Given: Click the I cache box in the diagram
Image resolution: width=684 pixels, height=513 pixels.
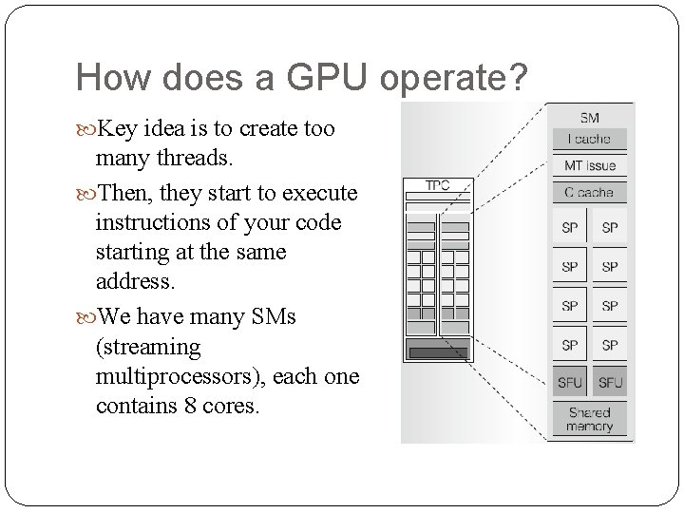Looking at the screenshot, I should [x=590, y=139].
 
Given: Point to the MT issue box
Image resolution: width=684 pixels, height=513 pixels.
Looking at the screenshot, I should [x=590, y=165].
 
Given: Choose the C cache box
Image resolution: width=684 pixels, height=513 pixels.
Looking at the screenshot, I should [x=590, y=192].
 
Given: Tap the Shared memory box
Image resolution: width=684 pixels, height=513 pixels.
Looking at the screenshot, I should [x=590, y=419].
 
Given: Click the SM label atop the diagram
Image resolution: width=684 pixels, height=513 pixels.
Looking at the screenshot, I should [x=590, y=118].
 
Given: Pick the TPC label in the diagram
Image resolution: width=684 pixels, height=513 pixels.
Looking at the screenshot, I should [x=438, y=184].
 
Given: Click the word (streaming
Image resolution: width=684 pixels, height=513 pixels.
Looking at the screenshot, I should [x=148, y=347].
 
